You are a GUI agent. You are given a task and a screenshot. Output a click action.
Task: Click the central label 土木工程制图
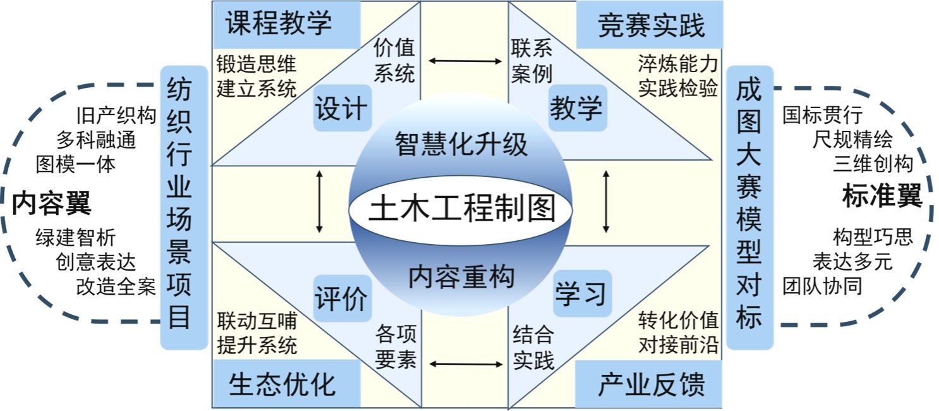click(461, 209)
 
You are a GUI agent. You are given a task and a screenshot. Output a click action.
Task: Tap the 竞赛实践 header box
click(650, 25)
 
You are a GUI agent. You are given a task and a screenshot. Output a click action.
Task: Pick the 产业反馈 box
click(650, 384)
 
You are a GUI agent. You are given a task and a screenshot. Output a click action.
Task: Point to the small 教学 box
click(576, 109)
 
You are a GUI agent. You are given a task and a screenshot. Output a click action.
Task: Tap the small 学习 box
click(580, 293)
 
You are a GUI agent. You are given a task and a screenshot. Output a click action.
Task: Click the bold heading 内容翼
click(52, 204)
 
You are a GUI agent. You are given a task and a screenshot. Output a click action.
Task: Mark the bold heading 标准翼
click(882, 197)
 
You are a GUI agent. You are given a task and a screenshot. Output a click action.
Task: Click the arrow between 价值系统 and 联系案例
click(464, 61)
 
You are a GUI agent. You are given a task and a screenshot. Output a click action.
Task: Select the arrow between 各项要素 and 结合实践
click(464, 364)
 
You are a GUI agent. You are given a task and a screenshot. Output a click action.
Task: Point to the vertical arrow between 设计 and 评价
click(320, 200)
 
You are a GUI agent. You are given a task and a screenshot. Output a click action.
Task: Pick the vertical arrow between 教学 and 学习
click(606, 200)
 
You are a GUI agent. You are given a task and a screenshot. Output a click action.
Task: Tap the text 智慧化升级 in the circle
click(461, 144)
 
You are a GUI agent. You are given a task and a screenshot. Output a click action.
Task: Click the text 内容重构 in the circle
click(461, 276)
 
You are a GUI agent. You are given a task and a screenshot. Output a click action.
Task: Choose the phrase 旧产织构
click(116, 116)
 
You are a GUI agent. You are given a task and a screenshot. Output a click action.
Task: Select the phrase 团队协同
click(822, 286)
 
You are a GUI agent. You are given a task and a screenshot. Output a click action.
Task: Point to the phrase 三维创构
click(873, 164)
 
